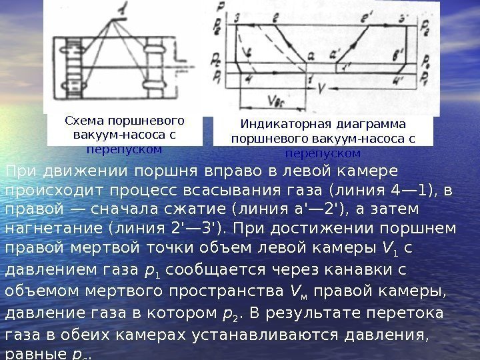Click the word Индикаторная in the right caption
pyautogui.click(x=275, y=124)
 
